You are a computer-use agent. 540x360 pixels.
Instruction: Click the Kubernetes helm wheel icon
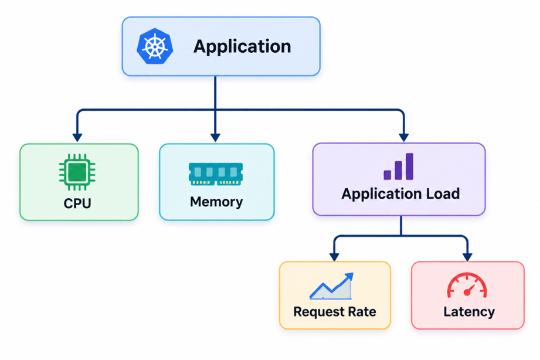[155, 46]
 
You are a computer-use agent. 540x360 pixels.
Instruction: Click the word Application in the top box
[242, 46]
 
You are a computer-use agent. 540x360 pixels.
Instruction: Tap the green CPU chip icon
[77, 172]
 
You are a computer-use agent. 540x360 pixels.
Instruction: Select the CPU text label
[77, 203]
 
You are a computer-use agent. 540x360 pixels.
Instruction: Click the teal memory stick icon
[216, 174]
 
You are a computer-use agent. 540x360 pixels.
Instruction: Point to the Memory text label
[216, 202]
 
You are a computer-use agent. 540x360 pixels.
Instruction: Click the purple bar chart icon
[399, 167]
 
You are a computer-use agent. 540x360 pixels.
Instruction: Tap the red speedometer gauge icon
[467, 285]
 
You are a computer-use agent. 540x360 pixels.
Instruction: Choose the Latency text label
[469, 312]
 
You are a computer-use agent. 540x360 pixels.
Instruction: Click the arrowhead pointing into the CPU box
[77, 137]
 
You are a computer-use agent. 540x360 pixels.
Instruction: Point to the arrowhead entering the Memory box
[215, 137]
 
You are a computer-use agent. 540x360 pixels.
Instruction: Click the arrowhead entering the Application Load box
[403, 137]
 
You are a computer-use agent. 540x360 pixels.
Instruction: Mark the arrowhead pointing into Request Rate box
[334, 257]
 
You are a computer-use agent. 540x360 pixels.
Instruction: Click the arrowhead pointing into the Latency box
[467, 257]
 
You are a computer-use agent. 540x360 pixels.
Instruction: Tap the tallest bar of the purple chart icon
[409, 167]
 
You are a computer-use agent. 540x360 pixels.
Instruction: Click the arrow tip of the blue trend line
[352, 274]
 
